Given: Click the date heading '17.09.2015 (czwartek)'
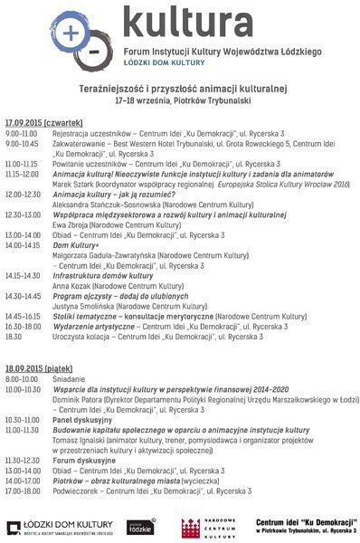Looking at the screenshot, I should pyautogui.click(x=44, y=121).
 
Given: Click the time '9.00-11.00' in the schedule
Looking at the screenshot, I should pyautogui.click(x=22, y=132).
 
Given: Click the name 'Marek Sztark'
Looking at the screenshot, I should pyautogui.click(x=74, y=184).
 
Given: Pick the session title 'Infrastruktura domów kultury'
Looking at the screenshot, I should pyautogui.click(x=102, y=275).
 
